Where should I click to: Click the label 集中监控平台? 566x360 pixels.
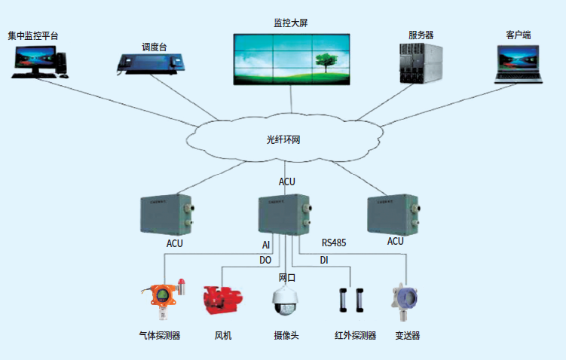point(32,35)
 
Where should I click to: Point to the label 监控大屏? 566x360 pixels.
point(290,23)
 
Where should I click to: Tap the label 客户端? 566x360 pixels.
point(518,35)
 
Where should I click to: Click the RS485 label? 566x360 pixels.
point(334,243)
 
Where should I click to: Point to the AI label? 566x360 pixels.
point(265,245)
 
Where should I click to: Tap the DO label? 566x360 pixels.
point(265,260)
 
